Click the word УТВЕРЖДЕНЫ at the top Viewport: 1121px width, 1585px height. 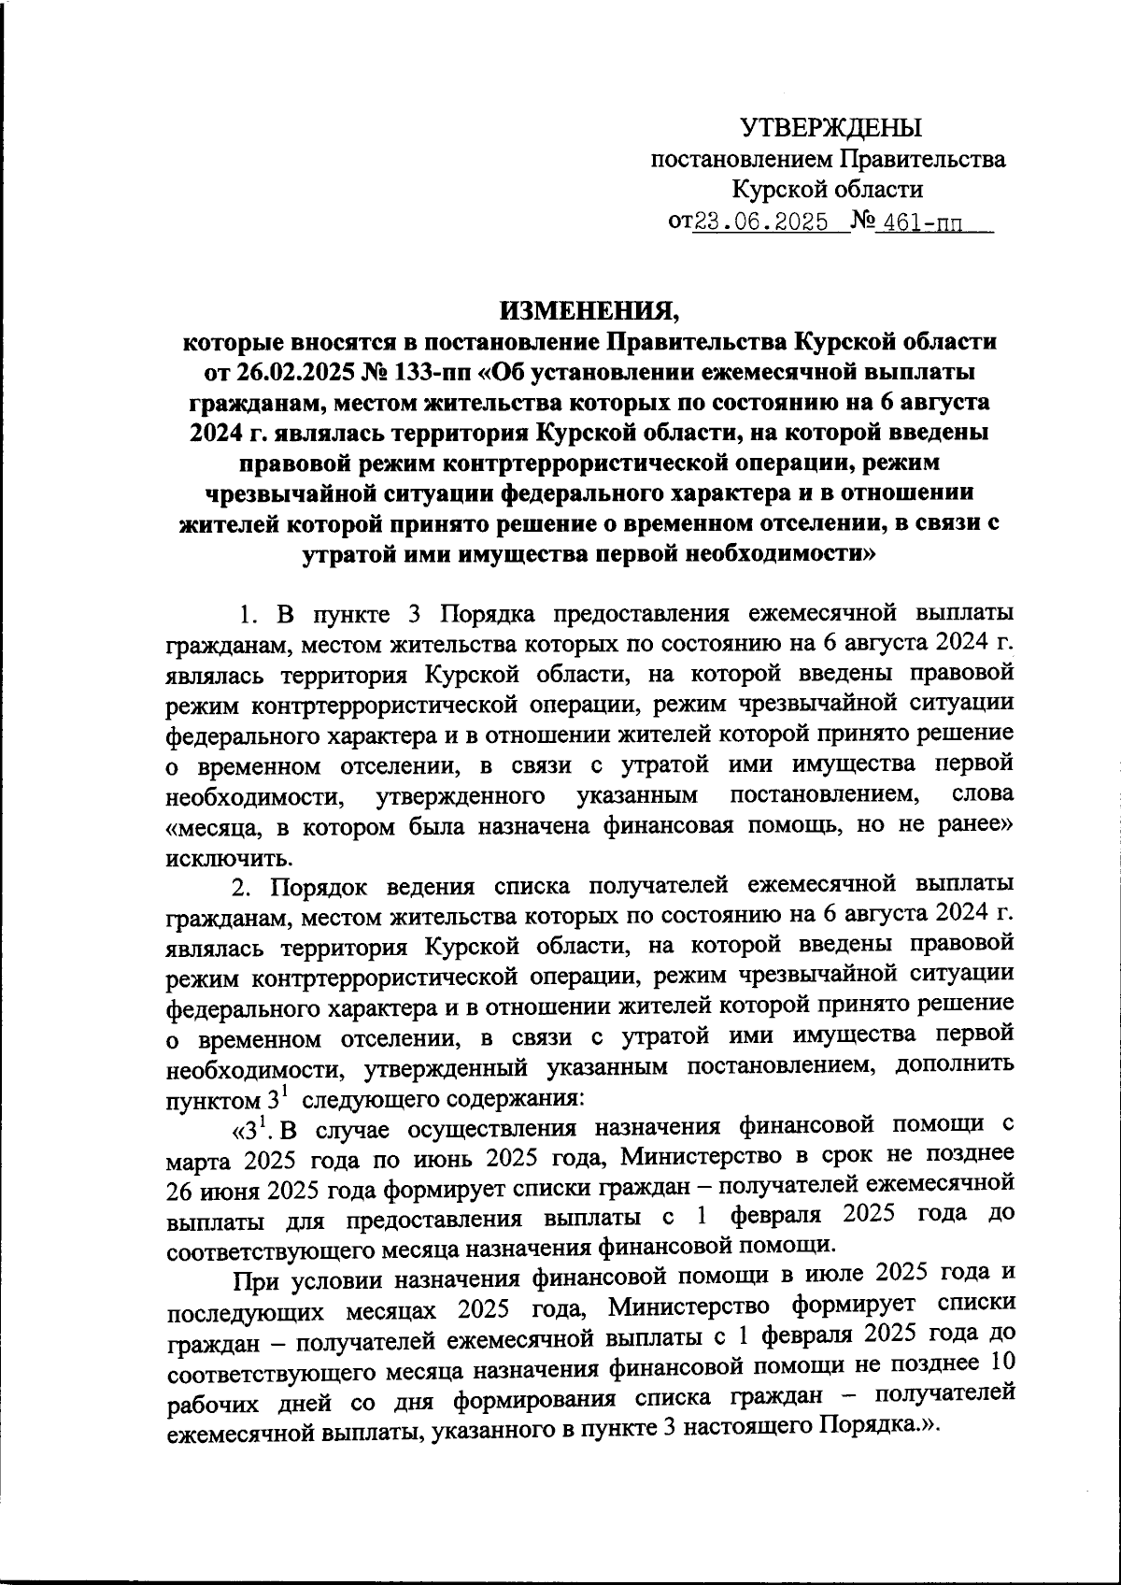tap(830, 127)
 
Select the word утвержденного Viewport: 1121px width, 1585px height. tap(460, 797)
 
